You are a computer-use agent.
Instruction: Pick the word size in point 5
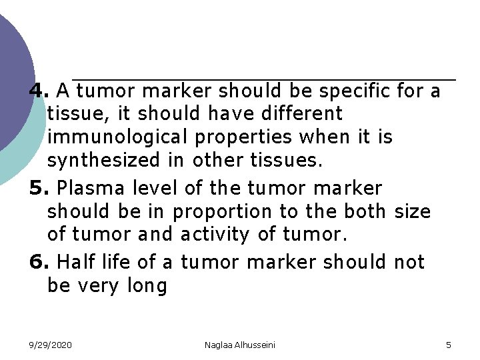pyautogui.click(x=413, y=212)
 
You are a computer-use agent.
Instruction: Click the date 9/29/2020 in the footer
pyautogui.click(x=51, y=345)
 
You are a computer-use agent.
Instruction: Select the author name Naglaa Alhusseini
pyautogui.click(x=240, y=345)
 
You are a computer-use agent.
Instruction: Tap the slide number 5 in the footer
pyautogui.click(x=448, y=345)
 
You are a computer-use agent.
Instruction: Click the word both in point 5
pyautogui.click(x=364, y=212)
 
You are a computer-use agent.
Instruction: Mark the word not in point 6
pyautogui.click(x=409, y=263)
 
